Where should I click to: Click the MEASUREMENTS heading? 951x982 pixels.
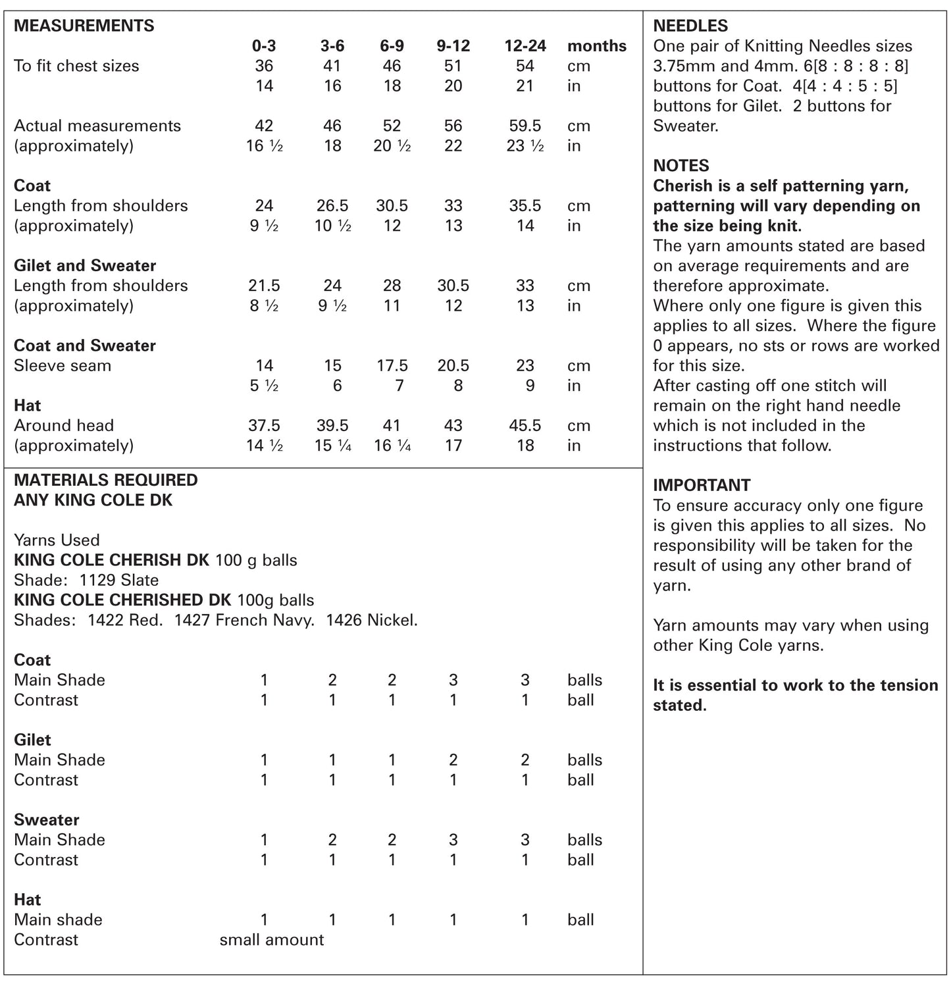(84, 26)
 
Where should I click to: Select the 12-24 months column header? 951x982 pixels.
(525, 46)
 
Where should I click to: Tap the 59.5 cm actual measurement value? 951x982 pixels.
(525, 126)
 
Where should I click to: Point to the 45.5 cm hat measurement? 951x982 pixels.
(525, 426)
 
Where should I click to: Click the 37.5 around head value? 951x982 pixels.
(264, 426)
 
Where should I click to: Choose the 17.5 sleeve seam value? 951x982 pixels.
(392, 366)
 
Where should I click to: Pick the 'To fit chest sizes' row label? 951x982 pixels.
(76, 66)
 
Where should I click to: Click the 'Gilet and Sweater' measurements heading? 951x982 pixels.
(85, 266)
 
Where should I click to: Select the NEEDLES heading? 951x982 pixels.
(690, 26)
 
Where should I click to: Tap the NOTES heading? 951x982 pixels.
(681, 166)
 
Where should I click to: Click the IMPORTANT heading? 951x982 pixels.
(702, 486)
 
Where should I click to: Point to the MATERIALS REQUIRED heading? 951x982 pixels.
(105, 480)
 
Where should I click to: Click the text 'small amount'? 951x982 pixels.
(271, 940)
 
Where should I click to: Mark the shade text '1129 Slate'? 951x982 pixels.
(119, 581)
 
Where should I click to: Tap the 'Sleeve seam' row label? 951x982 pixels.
(63, 366)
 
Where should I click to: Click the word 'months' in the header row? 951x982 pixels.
(596, 46)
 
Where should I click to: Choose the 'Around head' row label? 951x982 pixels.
(64, 426)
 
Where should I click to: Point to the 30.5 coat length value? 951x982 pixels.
(392, 206)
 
